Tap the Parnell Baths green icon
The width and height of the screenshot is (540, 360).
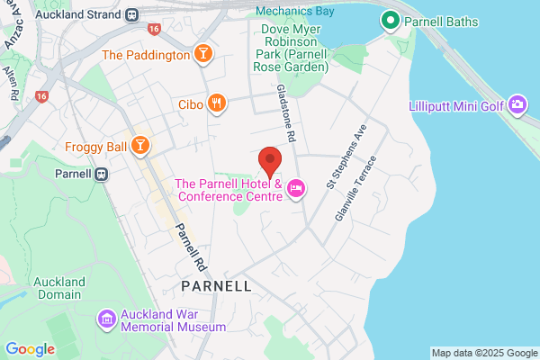point(390,19)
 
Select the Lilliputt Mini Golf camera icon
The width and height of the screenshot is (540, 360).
point(517,105)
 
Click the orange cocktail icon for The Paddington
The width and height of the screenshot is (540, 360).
point(204,55)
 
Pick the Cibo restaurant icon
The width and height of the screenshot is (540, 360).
point(215,103)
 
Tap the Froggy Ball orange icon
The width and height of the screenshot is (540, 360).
point(140,146)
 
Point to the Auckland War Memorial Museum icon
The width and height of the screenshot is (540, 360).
point(106,319)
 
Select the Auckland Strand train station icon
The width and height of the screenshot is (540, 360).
point(132,14)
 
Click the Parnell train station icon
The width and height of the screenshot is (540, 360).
point(103,173)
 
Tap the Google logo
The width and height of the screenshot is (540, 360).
point(30,349)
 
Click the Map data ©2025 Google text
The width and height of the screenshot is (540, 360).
point(483,352)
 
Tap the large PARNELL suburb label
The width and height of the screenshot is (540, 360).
point(216,285)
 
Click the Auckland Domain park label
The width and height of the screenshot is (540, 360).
point(59,288)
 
